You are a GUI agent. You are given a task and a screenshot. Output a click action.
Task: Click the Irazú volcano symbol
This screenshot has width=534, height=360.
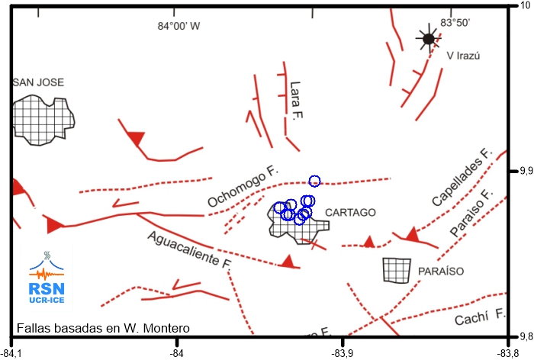coord(429,39)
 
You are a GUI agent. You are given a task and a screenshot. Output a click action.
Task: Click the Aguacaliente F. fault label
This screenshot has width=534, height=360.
coord(190,249)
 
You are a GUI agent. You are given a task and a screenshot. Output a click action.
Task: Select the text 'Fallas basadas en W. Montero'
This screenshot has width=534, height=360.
coord(101,329)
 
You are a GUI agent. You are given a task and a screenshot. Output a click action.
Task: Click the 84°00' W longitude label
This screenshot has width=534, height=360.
coord(179,26)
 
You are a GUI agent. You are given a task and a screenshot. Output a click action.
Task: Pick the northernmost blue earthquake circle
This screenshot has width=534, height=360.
coord(314,181)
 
